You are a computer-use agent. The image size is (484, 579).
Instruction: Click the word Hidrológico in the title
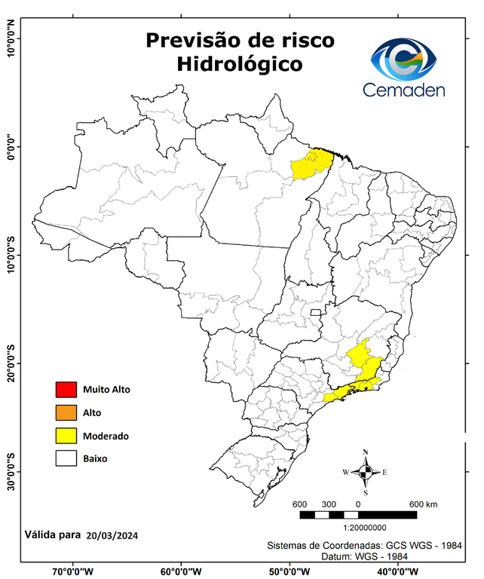click(x=239, y=65)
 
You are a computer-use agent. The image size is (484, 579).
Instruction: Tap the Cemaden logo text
click(x=404, y=90)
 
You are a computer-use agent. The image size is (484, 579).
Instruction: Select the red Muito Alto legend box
click(x=66, y=390)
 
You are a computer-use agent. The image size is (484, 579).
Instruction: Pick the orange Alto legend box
click(x=66, y=412)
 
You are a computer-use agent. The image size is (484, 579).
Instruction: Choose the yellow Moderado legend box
click(x=66, y=436)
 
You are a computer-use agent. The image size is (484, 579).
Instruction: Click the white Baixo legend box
click(x=66, y=458)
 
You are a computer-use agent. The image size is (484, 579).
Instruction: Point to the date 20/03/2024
click(x=112, y=535)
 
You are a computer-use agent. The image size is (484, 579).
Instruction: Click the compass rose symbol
click(x=365, y=472)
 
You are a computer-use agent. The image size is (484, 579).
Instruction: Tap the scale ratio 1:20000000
click(x=365, y=528)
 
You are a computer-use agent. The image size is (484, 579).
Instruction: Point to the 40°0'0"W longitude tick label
click(x=394, y=571)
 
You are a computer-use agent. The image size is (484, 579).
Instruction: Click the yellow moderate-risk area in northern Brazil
click(x=311, y=165)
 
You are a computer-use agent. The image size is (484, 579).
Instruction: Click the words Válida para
click(x=52, y=535)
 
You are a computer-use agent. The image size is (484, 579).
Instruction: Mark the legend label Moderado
click(x=106, y=436)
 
